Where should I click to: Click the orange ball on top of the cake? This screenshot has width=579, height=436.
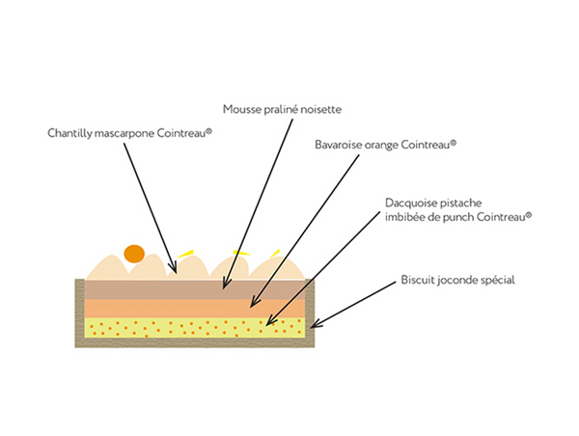click(x=134, y=255)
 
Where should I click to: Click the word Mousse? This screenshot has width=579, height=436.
click(x=241, y=109)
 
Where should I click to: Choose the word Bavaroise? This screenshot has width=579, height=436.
click(x=341, y=146)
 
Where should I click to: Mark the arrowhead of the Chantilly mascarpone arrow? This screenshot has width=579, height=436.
click(x=176, y=262)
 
